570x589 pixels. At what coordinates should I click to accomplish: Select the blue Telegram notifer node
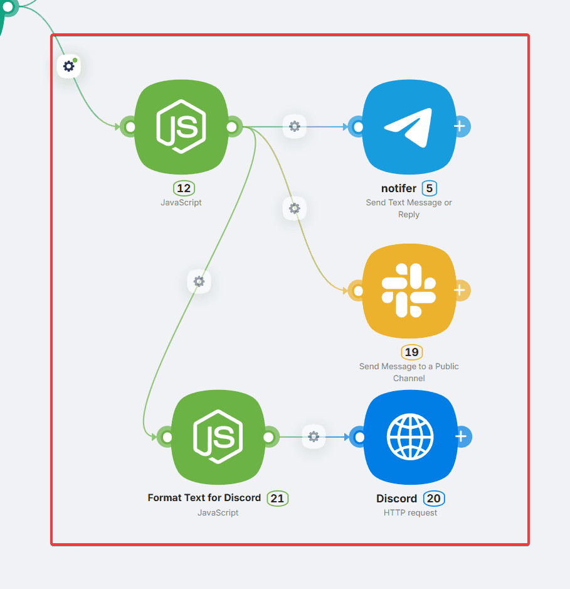click(x=409, y=127)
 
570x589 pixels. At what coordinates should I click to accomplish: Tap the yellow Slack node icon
click(x=409, y=290)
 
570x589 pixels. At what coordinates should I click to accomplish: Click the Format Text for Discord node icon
click(x=218, y=437)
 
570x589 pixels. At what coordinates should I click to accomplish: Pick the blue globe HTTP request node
click(x=410, y=437)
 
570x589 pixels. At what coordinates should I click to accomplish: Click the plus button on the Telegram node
click(x=460, y=126)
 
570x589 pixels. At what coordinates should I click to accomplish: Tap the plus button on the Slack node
click(x=460, y=290)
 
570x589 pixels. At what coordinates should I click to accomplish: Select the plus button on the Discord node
click(x=462, y=436)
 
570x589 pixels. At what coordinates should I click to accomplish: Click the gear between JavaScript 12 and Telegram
click(x=295, y=127)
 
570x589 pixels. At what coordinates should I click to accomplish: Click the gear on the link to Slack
click(x=295, y=208)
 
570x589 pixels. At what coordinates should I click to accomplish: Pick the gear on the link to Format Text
click(x=199, y=282)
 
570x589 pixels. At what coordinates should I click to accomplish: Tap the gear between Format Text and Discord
click(x=314, y=436)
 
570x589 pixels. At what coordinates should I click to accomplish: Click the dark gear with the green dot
click(x=69, y=66)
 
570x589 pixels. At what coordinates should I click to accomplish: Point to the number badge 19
click(x=411, y=352)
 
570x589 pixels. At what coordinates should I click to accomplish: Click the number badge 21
click(x=277, y=499)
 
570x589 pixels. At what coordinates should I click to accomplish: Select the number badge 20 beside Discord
click(x=433, y=499)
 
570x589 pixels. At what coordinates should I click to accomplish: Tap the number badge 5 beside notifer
click(x=430, y=188)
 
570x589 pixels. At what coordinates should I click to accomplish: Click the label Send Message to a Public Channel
click(x=409, y=372)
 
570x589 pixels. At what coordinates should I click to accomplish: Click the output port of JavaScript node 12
click(x=231, y=127)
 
